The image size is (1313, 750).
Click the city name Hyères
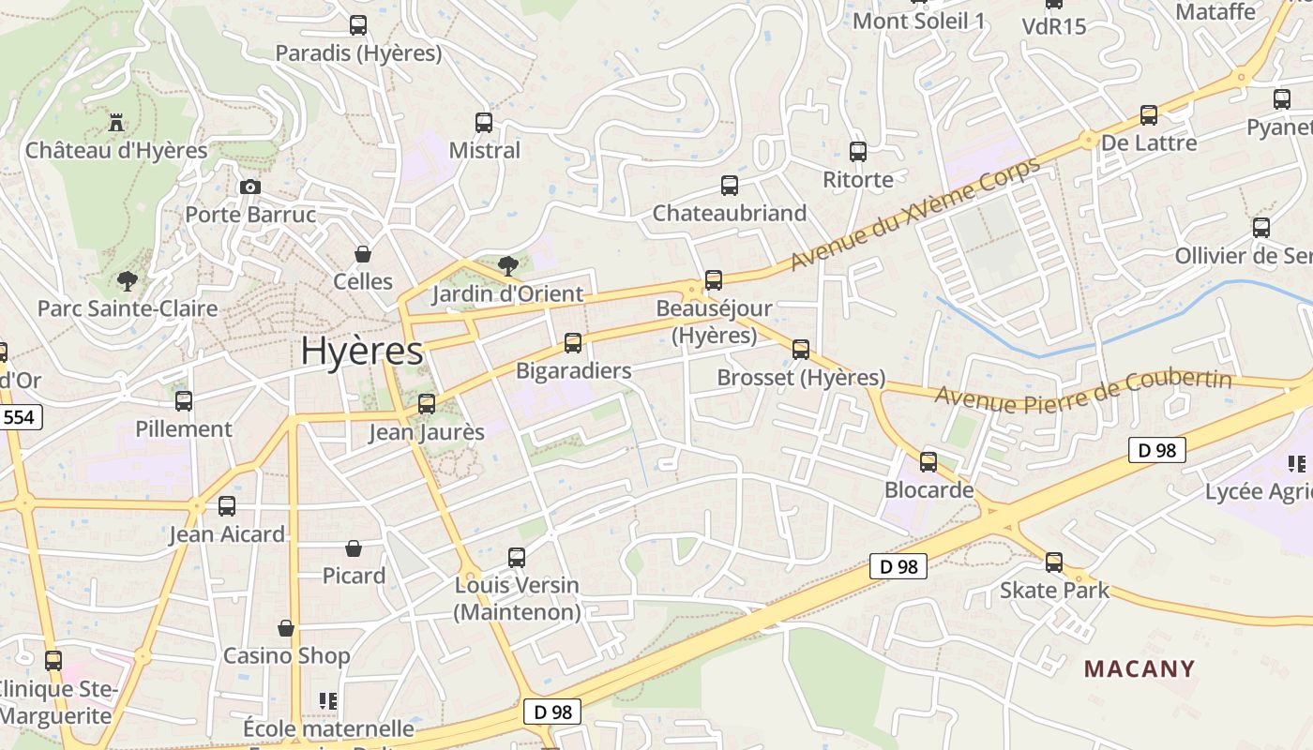[x=362, y=351]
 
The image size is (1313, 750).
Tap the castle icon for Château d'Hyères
[x=116, y=122]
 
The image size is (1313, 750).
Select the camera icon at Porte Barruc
[x=249, y=187]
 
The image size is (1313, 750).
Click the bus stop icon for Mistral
[x=484, y=122]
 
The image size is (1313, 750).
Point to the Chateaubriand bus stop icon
[x=730, y=185]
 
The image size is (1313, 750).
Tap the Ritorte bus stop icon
[x=858, y=151]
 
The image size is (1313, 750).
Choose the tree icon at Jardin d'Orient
[x=507, y=265]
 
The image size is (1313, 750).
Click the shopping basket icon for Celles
[x=363, y=254]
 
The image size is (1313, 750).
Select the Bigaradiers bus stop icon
[x=573, y=342]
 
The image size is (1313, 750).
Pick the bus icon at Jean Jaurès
[x=427, y=403]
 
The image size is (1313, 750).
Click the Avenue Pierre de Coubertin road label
[x=1083, y=392]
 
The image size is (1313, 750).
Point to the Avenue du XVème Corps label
[x=915, y=214]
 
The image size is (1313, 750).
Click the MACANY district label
[x=1139, y=668]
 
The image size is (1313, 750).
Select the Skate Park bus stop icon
[x=1054, y=562]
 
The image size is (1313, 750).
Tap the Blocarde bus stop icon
[x=928, y=461]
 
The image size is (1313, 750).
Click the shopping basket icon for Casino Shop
[x=286, y=628]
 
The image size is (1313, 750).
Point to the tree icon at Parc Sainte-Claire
[x=127, y=280]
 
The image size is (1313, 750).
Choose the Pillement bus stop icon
[x=184, y=400]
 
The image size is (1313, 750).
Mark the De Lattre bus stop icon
[x=1149, y=114]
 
